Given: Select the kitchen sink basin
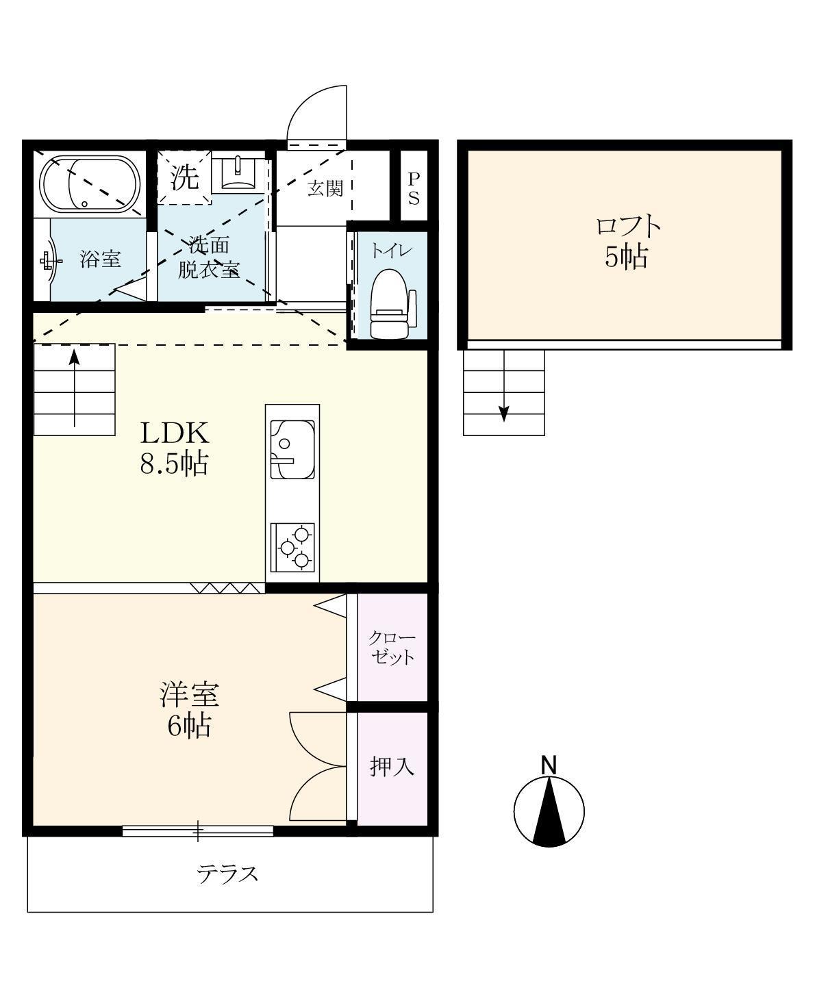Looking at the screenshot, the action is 292,449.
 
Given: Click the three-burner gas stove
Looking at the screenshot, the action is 292,547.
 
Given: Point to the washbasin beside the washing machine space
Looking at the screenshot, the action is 238,173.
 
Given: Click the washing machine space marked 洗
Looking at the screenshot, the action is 184,178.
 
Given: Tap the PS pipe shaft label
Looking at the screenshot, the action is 414,189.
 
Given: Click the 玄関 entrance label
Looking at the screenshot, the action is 325,189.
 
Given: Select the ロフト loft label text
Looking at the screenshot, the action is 628,227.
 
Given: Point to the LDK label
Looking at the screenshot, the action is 175,433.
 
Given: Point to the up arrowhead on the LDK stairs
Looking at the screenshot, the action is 75,357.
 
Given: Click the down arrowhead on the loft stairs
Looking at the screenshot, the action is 504,414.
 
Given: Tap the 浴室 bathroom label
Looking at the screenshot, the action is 100,259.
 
